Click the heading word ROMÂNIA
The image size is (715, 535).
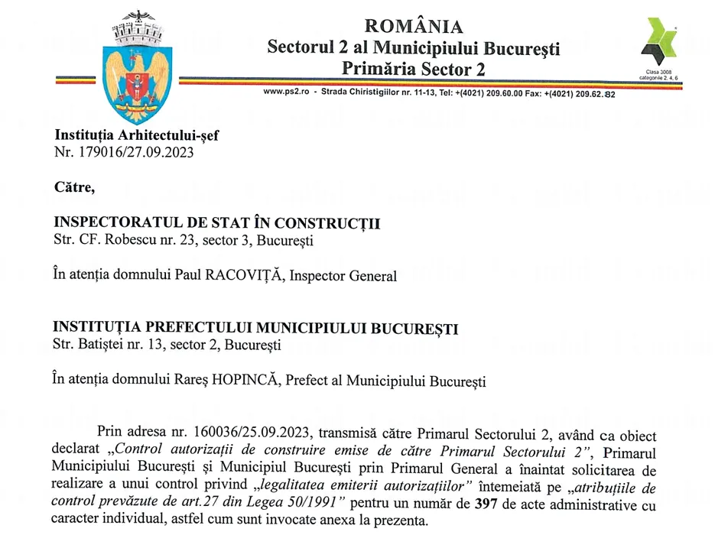[413, 26]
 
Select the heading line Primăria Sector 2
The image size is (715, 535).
[413, 70]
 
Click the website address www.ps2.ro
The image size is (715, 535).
[285, 92]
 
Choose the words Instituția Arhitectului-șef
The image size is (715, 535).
[136, 135]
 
